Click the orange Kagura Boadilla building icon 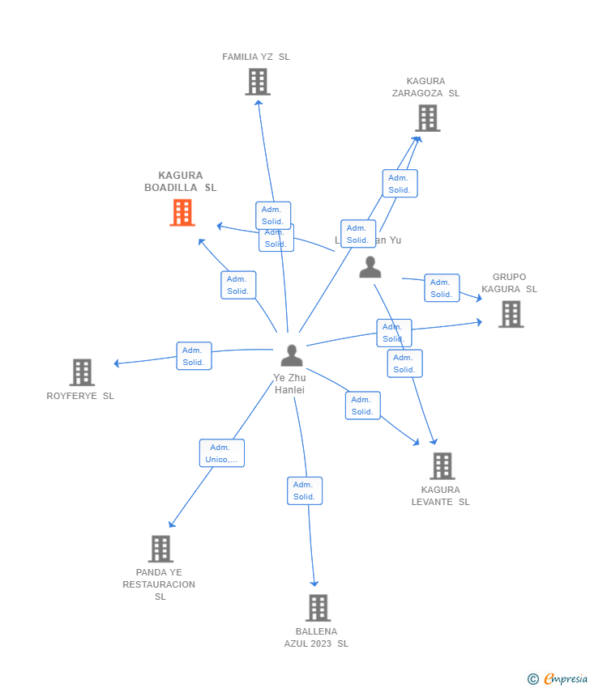(182, 212)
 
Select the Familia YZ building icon (257, 82)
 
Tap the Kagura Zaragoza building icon (427, 118)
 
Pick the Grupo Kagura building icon (511, 314)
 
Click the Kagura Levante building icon (442, 465)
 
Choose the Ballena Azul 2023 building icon (318, 607)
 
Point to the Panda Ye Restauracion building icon (160, 549)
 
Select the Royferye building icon (82, 372)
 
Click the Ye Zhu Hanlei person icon (291, 355)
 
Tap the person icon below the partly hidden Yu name (370, 266)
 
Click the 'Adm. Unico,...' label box (221, 453)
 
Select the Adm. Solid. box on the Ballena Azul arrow (305, 491)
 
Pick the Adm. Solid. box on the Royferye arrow (194, 356)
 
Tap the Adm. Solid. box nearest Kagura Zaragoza (400, 184)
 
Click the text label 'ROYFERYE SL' (80, 396)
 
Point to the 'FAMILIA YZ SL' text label (256, 57)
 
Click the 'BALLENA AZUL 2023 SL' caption (316, 637)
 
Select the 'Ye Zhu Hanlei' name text (289, 384)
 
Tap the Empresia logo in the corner (558, 679)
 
